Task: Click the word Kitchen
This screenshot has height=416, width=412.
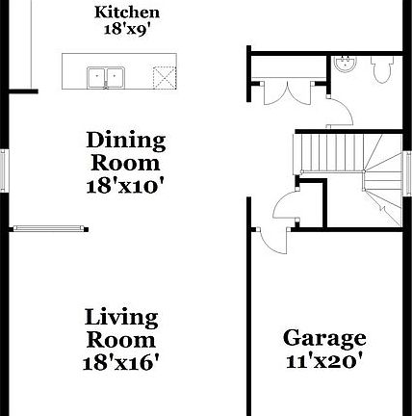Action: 127,13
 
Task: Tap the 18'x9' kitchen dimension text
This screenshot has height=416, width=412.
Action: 127,29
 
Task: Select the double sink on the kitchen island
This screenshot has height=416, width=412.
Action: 107,75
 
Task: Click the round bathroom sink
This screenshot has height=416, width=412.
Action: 346,65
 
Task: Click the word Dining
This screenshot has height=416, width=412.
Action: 126,141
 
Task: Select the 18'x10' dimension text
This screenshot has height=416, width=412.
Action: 126,186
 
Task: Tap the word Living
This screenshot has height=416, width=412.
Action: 121,317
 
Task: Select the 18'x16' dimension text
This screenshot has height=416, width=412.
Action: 121,362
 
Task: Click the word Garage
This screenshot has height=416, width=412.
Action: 323,339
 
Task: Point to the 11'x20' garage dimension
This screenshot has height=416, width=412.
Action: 323,362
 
